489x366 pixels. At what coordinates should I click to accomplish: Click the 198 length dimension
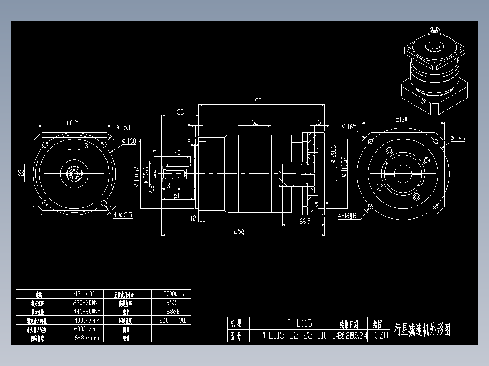point(257,101)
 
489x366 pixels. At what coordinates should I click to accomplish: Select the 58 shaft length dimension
point(180,111)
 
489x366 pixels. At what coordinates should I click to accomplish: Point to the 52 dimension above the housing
point(254,122)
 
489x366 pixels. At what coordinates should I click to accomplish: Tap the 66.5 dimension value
point(304,221)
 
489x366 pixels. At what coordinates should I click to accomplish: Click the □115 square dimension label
point(73,122)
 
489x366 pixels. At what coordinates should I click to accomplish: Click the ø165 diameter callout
point(349,126)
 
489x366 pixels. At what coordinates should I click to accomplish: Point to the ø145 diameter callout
point(457,138)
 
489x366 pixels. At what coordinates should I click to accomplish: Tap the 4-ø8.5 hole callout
point(122,216)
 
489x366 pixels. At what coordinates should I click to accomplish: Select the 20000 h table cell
point(171,294)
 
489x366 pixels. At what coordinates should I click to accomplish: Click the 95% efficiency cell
point(171,303)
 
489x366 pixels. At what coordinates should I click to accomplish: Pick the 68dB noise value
point(171,311)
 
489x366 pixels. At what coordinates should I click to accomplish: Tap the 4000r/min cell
point(86,320)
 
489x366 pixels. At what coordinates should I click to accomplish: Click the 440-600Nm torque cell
point(86,311)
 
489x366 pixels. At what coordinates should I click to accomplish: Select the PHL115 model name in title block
point(299,323)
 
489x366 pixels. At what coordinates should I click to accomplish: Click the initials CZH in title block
point(381,336)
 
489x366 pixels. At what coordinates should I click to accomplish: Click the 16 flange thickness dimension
point(318,122)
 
